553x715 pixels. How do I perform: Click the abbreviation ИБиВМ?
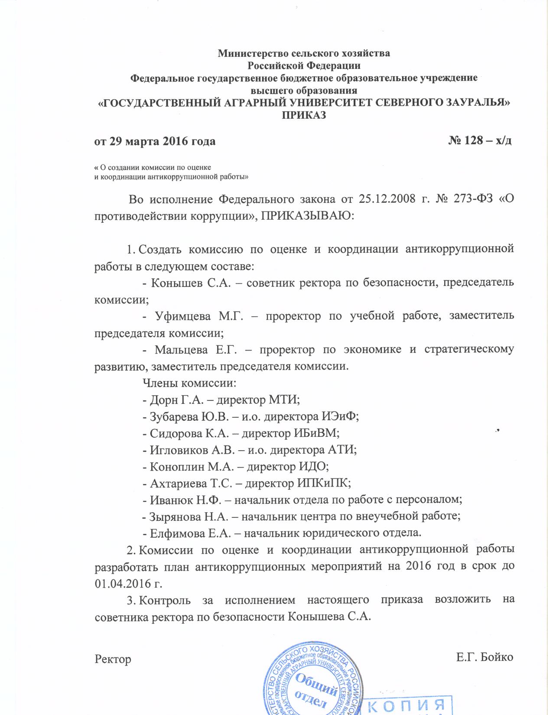click(316, 433)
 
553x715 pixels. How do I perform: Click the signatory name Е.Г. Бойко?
click(485, 657)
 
